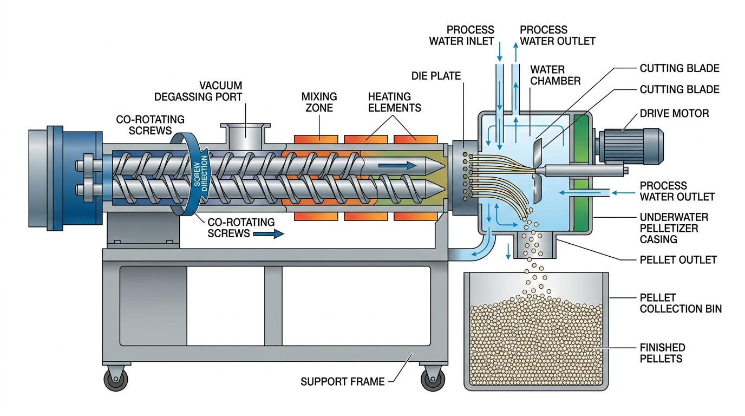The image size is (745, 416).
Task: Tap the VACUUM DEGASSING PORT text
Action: (198, 91)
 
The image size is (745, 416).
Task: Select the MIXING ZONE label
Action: (319, 102)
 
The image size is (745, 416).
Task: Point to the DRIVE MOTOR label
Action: (674, 113)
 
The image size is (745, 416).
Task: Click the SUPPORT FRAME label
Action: (342, 382)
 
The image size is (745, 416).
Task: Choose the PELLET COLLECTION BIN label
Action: (681, 303)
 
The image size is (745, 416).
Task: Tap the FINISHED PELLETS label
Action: (662, 353)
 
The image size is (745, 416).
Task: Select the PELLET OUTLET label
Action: (678, 260)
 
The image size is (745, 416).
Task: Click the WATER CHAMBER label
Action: (555, 75)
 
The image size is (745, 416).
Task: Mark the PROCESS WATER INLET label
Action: (461, 35)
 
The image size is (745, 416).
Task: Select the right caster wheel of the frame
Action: (433, 379)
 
